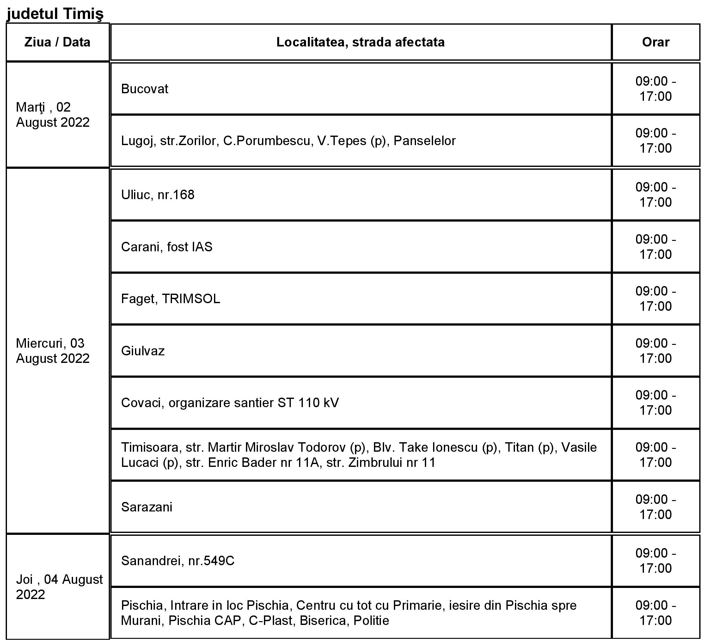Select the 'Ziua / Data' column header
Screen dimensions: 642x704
tap(57, 42)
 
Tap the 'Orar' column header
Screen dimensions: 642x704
tap(655, 42)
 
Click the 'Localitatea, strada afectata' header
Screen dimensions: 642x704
tap(360, 42)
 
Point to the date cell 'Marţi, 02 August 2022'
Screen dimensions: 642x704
tap(53, 114)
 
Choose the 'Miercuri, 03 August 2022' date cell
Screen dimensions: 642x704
tap(53, 351)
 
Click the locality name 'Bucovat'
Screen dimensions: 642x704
tap(144, 89)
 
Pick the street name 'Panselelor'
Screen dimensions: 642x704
tap(424, 141)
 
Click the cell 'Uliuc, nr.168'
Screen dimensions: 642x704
tap(157, 195)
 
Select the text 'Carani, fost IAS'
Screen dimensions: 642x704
tap(167, 247)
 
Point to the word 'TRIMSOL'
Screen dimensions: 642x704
tap(191, 299)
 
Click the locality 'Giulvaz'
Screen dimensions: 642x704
tap(143, 351)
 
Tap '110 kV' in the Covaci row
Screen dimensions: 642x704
tap(318, 403)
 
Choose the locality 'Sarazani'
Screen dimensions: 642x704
tap(147, 507)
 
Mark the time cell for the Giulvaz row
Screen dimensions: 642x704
tap(655, 351)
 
